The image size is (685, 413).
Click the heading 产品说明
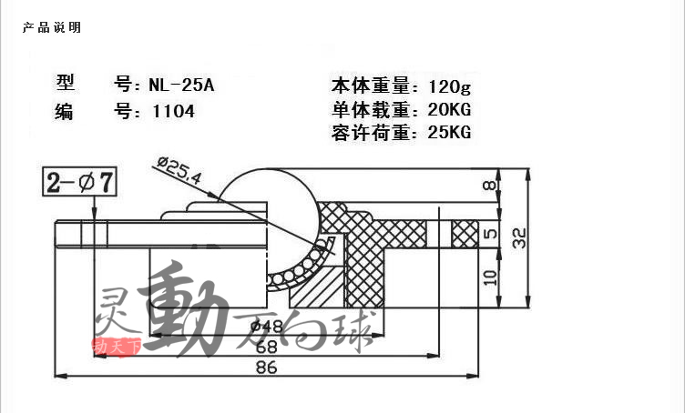[52, 27]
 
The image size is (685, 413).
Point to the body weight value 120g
[451, 87]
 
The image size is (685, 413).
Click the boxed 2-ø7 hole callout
[80, 183]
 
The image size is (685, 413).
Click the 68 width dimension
[266, 346]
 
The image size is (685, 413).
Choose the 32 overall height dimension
[520, 239]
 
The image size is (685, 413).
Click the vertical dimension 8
[491, 186]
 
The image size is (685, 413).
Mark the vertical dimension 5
[490, 234]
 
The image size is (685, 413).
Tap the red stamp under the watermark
[117, 346]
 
